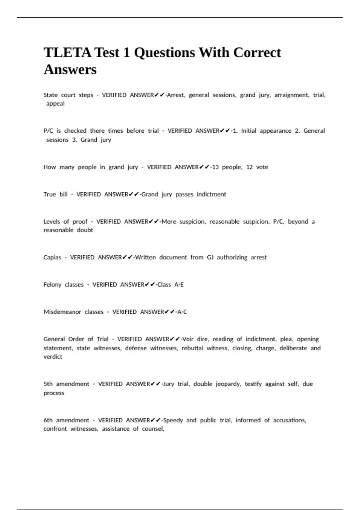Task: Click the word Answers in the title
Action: point(70,70)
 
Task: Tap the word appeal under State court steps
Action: point(55,103)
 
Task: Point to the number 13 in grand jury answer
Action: point(215,167)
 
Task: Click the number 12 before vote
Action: point(249,167)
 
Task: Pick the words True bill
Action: point(55,194)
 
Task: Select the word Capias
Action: point(52,257)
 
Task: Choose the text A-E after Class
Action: point(179,285)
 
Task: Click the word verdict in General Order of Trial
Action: point(53,357)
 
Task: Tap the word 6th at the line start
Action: point(48,420)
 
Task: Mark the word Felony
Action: point(52,285)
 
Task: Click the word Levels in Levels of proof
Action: point(52,222)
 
